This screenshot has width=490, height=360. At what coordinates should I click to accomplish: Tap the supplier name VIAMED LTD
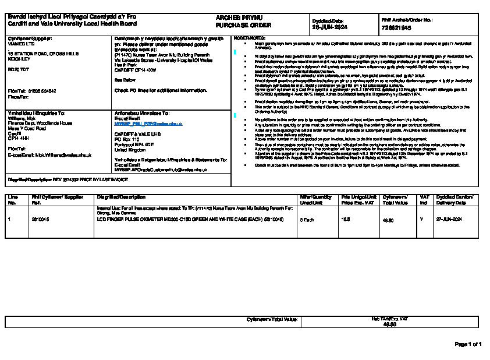pos(20,43)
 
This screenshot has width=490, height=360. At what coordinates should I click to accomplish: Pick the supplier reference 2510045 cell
pos(40,219)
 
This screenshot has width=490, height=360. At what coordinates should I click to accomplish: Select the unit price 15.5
pos(345,219)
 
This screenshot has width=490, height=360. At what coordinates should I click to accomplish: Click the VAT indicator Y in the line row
pos(421,219)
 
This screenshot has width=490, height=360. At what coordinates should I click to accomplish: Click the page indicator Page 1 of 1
pos(468,344)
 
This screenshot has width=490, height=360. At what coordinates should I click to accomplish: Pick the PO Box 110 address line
pos(127,140)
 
